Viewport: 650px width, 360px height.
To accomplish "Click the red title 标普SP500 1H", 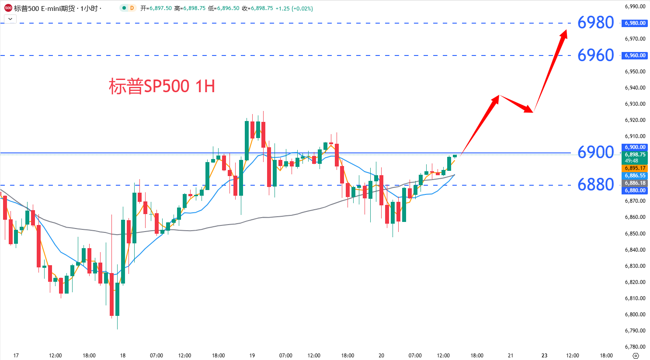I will [x=162, y=87].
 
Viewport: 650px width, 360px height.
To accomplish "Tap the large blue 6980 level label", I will [x=595, y=23].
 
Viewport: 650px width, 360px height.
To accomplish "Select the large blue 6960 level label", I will [x=595, y=55].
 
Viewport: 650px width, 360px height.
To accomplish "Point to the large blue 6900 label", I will [x=595, y=152].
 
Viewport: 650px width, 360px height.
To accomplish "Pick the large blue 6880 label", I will [x=595, y=185].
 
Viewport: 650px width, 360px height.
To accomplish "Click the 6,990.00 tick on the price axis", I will [x=635, y=7].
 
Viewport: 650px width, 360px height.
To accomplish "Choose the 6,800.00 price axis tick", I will [x=635, y=315].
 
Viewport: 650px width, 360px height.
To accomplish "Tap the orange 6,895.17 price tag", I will [x=635, y=168].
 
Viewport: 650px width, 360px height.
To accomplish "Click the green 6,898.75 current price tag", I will [x=635, y=155].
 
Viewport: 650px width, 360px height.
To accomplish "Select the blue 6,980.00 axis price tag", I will [x=635, y=23].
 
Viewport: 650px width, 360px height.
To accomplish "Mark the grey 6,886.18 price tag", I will [x=635, y=183].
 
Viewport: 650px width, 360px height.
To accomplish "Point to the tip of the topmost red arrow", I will [x=567, y=30].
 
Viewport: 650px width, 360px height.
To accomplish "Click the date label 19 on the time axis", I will [x=252, y=356].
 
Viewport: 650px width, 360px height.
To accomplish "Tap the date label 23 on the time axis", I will [x=544, y=356].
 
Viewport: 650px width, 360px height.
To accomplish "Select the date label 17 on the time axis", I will [x=16, y=356].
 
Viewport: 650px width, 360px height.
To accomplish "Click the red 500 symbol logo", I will [x=8, y=8].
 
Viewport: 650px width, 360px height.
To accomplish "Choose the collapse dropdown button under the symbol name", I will [x=10, y=19].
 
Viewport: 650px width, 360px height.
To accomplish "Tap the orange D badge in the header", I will [x=132, y=8].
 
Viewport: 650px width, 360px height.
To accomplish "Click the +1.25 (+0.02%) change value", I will [x=294, y=8].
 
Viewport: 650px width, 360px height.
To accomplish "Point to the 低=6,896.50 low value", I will [x=224, y=8].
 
